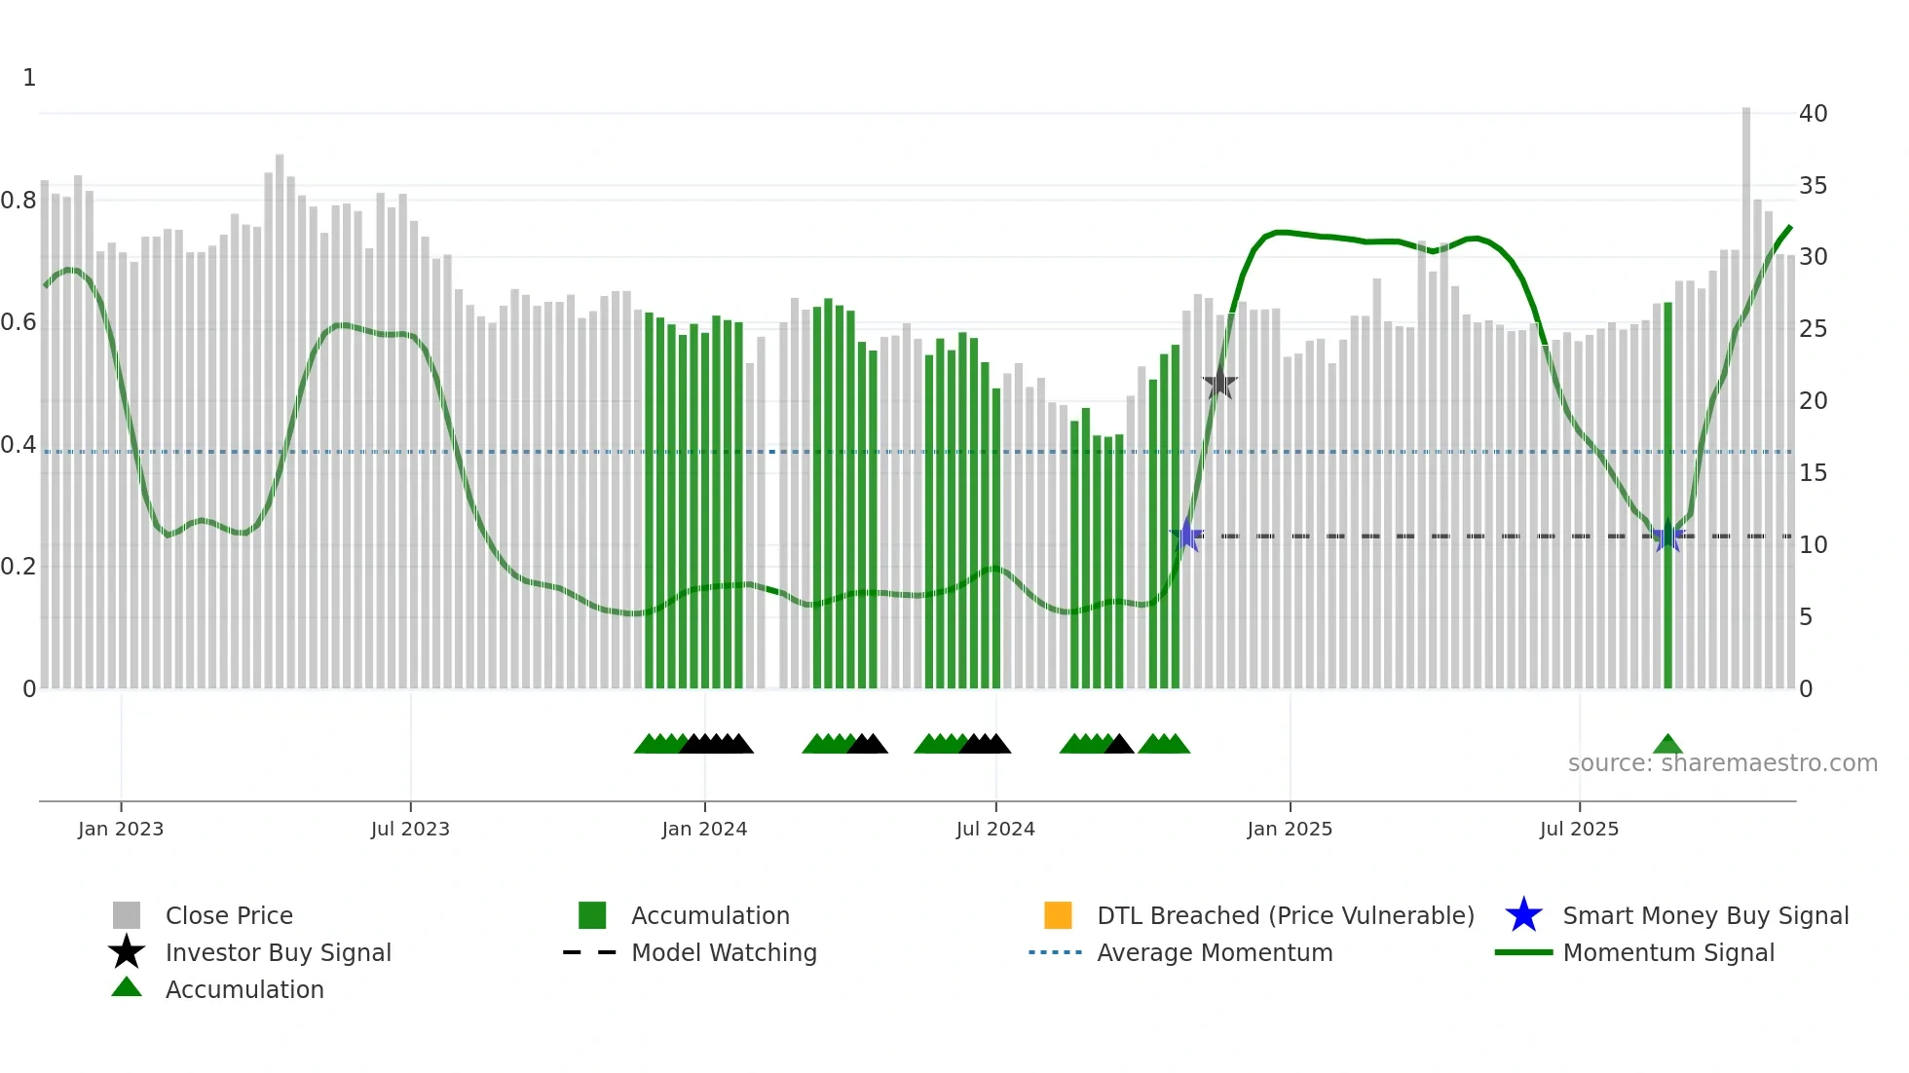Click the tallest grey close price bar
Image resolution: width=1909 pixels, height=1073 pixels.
1746,389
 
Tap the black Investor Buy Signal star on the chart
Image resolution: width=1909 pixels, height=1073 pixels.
1219,384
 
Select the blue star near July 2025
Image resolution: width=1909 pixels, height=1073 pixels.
1667,536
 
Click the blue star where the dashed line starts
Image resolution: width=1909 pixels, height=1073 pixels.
1187,535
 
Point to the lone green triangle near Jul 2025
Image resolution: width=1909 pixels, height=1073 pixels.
1667,745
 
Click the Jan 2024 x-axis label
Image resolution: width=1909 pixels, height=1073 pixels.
704,829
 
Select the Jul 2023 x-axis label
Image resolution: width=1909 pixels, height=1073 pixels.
410,829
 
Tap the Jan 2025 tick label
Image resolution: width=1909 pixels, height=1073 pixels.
1290,829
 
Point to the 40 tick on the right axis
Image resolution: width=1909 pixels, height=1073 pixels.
1813,114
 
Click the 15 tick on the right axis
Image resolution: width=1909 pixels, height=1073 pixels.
1813,473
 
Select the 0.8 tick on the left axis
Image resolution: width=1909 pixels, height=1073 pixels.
19,201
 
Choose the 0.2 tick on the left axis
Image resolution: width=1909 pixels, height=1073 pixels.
19,567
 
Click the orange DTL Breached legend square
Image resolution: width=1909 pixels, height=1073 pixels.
1058,915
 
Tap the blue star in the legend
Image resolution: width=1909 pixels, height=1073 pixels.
1523,915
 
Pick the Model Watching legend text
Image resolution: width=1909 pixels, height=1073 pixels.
724,952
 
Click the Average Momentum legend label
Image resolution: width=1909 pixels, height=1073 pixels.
1215,952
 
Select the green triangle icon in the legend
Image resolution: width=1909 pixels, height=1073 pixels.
127,988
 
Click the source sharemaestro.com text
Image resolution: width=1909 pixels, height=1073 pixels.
1722,763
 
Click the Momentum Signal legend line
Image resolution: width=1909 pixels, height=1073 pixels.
1523,952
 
